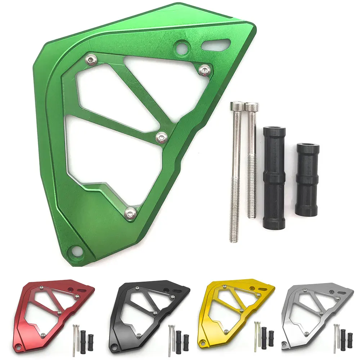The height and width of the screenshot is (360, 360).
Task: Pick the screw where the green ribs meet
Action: [162, 136]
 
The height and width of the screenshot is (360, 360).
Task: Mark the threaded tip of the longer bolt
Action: [234, 230]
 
